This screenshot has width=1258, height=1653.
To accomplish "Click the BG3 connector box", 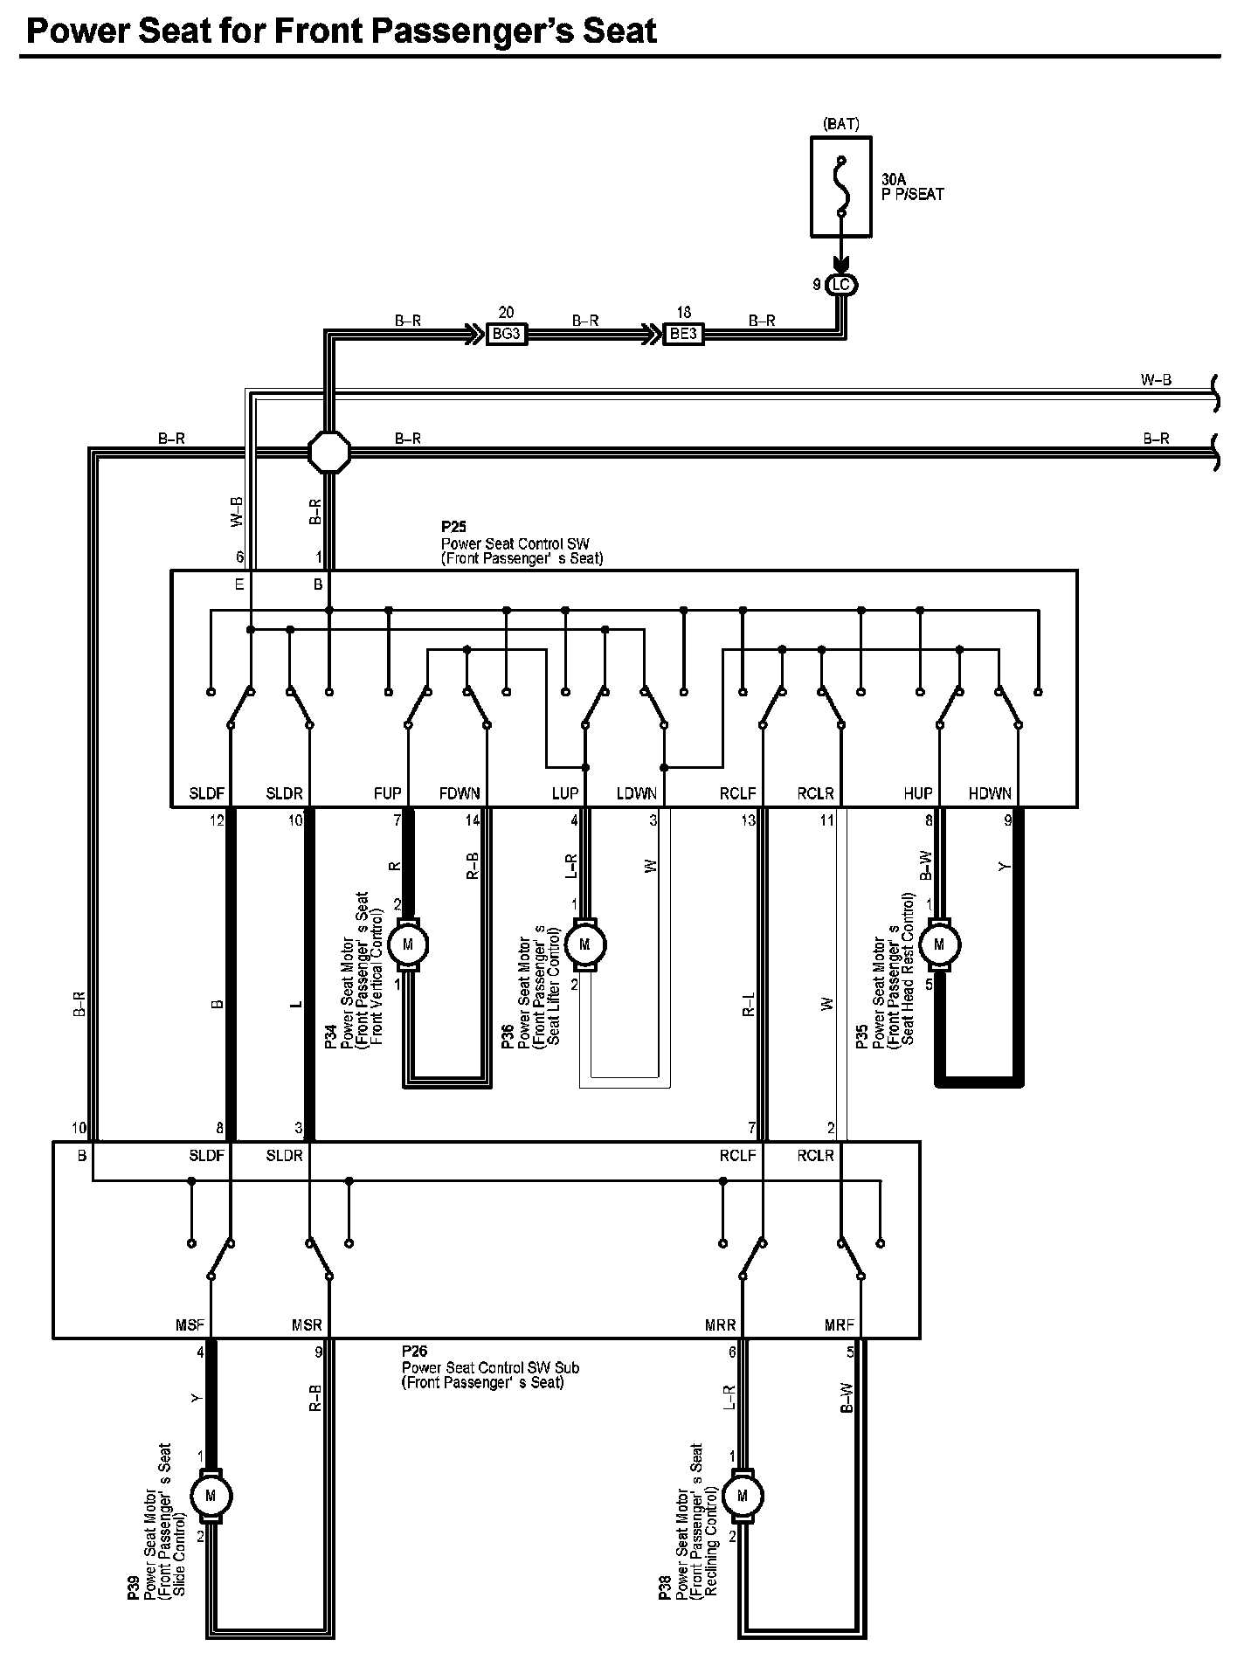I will pyautogui.click(x=506, y=334).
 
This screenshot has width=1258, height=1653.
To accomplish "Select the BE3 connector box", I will pyautogui.click(x=682, y=334).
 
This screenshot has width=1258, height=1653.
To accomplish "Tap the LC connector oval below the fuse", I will pyautogui.click(x=841, y=285).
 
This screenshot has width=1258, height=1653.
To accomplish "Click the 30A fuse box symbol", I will pyautogui.click(x=841, y=186).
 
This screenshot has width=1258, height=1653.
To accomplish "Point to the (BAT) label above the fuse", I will pyautogui.click(x=841, y=125).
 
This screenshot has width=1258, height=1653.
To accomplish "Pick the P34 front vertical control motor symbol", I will pyautogui.click(x=407, y=944).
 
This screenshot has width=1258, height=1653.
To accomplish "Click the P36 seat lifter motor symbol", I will pyautogui.click(x=584, y=944).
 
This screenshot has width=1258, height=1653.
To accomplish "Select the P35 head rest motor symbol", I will pyautogui.click(x=939, y=944).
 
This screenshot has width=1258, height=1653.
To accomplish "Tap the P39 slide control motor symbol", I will pyautogui.click(x=211, y=1496).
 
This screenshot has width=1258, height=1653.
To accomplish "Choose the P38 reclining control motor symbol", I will pyautogui.click(x=743, y=1496).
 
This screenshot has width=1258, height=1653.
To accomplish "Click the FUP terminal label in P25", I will pyautogui.click(x=387, y=793).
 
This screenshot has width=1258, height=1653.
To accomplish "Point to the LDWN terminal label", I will pyautogui.click(x=636, y=793).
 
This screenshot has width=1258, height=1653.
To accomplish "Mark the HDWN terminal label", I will pyautogui.click(x=990, y=793).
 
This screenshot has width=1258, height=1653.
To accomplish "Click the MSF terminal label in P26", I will pyautogui.click(x=190, y=1325).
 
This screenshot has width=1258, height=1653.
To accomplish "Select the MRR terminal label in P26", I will pyautogui.click(x=721, y=1325).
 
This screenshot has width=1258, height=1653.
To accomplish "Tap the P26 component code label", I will pyautogui.click(x=414, y=1352).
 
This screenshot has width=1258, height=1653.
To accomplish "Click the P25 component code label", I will pyautogui.click(x=454, y=528).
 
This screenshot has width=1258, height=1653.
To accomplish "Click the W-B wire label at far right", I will pyautogui.click(x=1156, y=380).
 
